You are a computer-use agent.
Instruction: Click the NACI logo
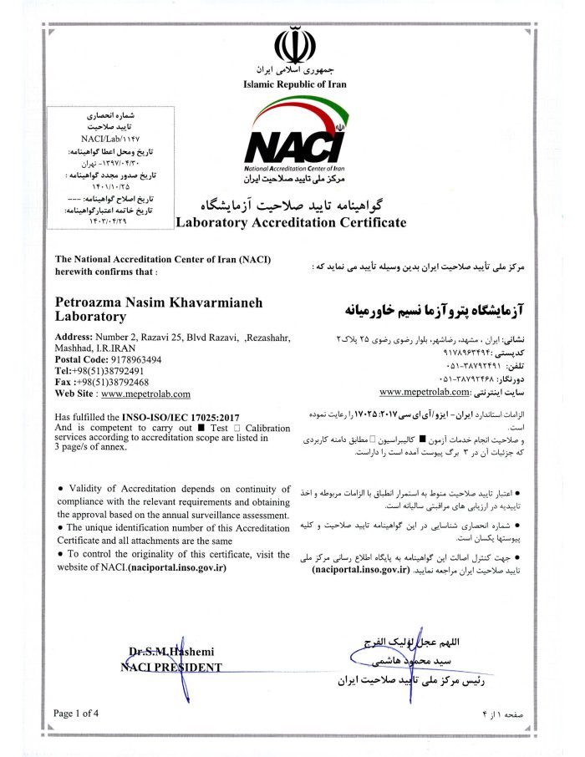pyautogui.click(x=295, y=142)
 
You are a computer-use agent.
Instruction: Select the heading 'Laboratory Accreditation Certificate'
pyautogui.click(x=291, y=222)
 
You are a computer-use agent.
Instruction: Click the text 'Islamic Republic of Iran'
pyautogui.click(x=294, y=84)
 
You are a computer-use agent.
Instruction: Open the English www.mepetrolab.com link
pyautogui.click(x=145, y=394)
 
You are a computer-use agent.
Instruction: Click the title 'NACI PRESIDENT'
pyautogui.click(x=170, y=668)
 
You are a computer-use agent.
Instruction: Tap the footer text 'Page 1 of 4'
pyautogui.click(x=76, y=713)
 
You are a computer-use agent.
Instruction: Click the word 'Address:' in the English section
pyautogui.click(x=73, y=336)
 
